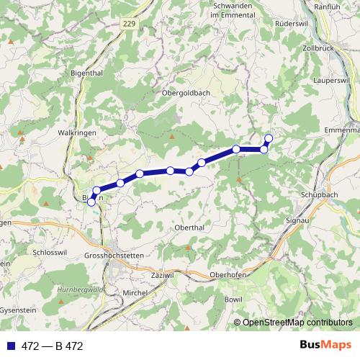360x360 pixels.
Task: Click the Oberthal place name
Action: pyautogui.click(x=191, y=228)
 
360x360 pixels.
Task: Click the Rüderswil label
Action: pyautogui.click(x=294, y=24)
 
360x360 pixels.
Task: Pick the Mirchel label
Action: pyautogui.click(x=135, y=293)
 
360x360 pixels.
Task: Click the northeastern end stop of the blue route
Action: pyautogui.click(x=269, y=138)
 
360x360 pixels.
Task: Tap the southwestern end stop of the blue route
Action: pyautogui.click(x=91, y=202)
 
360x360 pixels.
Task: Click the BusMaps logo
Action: pyautogui.click(x=325, y=346)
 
